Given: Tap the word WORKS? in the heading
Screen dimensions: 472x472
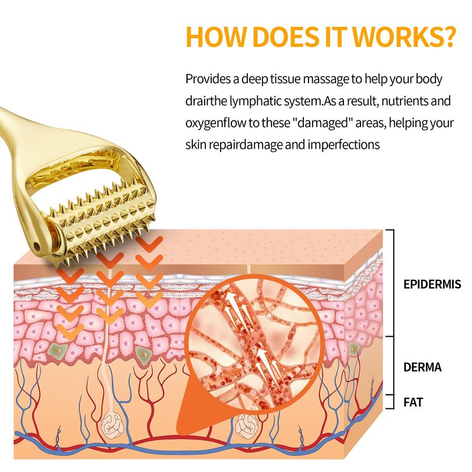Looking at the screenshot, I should [407, 37].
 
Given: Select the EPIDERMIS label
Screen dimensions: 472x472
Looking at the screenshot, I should [432, 284].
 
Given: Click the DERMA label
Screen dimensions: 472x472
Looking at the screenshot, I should [422, 368].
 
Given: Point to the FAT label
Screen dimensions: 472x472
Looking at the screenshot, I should [413, 403].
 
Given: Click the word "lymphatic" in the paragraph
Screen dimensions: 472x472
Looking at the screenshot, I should [259, 101].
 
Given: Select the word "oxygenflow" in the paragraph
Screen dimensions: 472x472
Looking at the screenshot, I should [217, 123].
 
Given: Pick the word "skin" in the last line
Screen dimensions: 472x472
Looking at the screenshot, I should [196, 145].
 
